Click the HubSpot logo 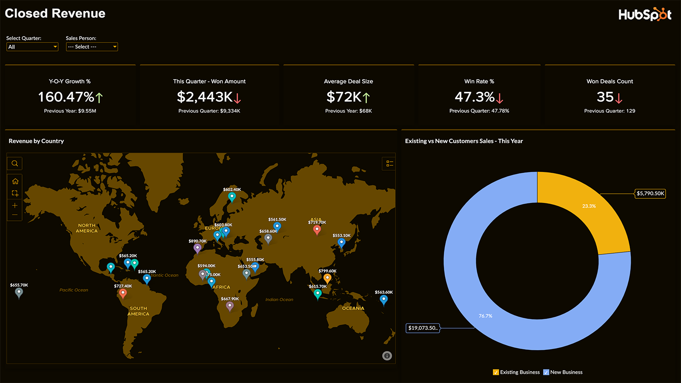[644, 14]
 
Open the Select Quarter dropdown [32, 47]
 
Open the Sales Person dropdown [92, 47]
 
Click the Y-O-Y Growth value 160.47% [66, 97]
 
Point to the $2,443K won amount [205, 97]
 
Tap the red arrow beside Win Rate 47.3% [500, 99]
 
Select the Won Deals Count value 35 [605, 97]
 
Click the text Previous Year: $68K [349, 111]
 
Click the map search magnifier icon [15, 163]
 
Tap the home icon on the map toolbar [15, 181]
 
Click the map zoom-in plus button [15, 205]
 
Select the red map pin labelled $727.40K [123, 293]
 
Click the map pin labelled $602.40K [232, 197]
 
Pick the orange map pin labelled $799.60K [327, 278]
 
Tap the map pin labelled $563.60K [384, 300]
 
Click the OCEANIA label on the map [353, 308]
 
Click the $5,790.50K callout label [650, 194]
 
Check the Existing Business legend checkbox [496, 372]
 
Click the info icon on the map [387, 356]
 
